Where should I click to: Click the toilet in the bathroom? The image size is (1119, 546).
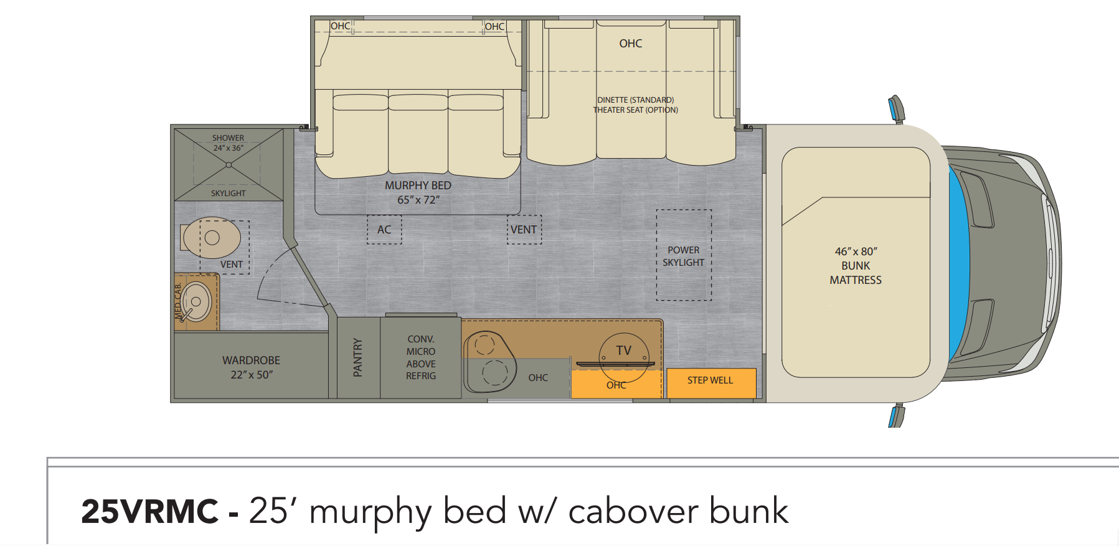pos(211,237)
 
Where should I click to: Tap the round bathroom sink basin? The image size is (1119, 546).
pos(196,302)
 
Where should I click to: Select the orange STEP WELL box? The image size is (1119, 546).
pos(711,383)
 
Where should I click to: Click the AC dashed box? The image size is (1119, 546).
pos(384,230)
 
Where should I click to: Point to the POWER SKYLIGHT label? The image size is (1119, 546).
pos(683,256)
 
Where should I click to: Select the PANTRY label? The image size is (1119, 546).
pos(357,357)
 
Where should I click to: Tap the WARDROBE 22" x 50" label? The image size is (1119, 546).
pos(251,367)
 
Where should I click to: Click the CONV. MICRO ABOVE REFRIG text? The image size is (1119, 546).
pos(421,357)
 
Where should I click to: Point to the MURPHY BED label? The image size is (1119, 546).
pos(418,186)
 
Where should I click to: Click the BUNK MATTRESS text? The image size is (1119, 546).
pos(856,273)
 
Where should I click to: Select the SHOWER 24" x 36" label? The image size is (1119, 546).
pos(228,143)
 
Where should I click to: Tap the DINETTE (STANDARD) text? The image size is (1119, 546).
pos(635,100)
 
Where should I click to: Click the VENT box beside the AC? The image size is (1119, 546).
pos(524,230)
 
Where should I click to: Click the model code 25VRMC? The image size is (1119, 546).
pos(149,512)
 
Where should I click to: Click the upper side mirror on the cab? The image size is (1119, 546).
pos(896,110)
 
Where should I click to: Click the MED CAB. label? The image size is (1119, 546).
pos(178,301)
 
